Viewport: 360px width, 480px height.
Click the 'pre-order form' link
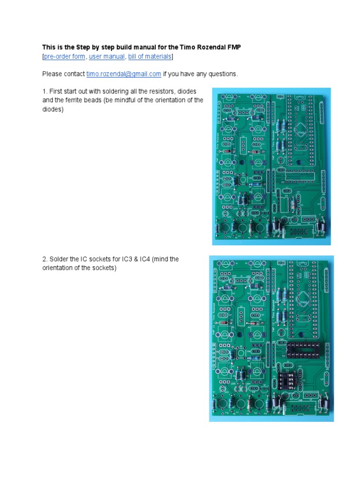click(x=65, y=57)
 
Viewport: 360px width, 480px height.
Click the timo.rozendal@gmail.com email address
click(x=124, y=74)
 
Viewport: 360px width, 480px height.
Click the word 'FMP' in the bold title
click(x=232, y=47)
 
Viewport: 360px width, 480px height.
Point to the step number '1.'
click(x=45, y=91)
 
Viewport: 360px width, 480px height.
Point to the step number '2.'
click(x=45, y=259)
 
